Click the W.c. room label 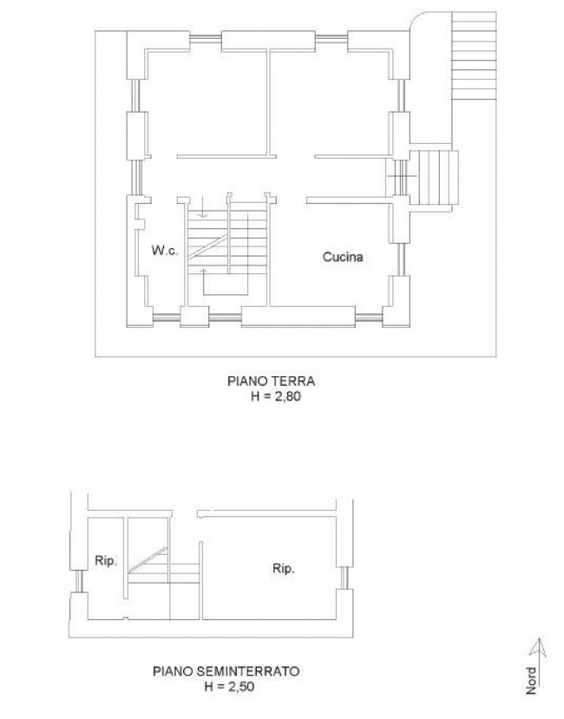[164, 251]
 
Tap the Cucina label [343, 257]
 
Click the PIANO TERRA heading [272, 381]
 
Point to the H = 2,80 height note [276, 396]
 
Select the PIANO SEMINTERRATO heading [226, 671]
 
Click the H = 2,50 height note [229, 686]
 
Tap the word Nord [531, 681]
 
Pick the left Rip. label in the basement [106, 560]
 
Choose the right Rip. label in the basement [283, 569]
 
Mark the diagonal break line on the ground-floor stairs [207, 246]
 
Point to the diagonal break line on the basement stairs [148, 560]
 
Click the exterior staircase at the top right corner [474, 56]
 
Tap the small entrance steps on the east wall [434, 178]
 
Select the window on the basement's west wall [78, 581]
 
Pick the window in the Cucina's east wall [401, 259]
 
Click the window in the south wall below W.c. [166, 316]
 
